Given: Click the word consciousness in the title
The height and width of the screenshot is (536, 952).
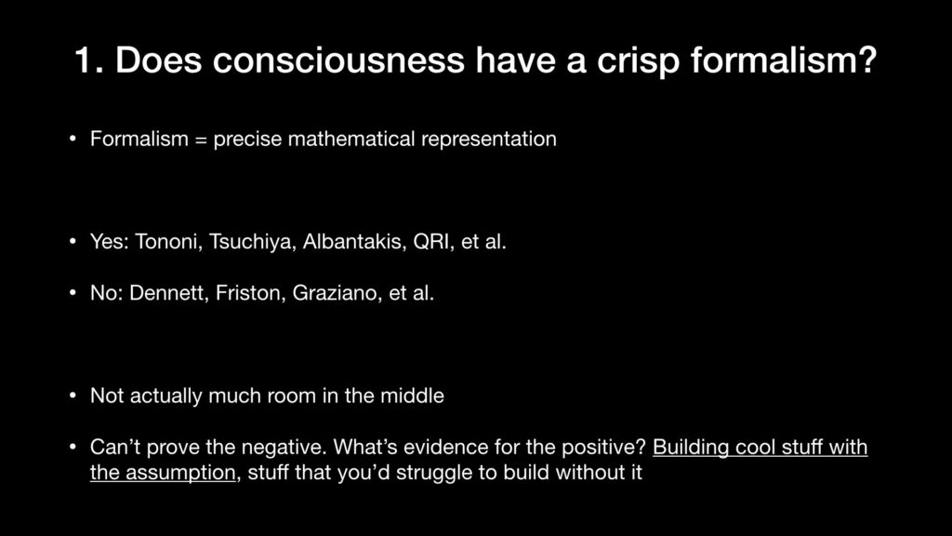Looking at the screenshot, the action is tap(338, 60).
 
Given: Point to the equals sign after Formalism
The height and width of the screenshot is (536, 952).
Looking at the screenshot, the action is tap(201, 140).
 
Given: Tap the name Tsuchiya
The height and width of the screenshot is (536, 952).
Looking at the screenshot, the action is tap(250, 243).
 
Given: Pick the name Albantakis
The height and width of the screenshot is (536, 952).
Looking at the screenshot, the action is tap(354, 241).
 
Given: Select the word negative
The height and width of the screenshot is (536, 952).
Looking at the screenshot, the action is tap(284, 448).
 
